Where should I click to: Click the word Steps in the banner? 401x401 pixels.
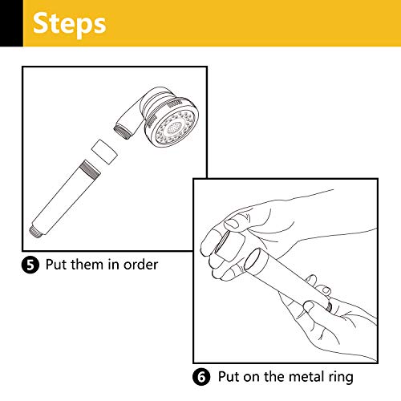(69, 24)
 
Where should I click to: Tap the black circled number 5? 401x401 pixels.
(30, 265)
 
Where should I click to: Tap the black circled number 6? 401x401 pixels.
(201, 376)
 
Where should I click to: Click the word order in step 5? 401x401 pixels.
(140, 265)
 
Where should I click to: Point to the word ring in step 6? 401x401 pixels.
(340, 378)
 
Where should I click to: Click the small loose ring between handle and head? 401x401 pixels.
(104, 152)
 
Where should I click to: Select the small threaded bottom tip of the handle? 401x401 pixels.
(34, 231)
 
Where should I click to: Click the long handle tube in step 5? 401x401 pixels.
(65, 197)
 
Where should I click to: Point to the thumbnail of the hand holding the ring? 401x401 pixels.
(231, 223)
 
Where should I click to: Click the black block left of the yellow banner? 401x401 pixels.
(11, 23)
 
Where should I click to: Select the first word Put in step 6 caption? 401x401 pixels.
(229, 376)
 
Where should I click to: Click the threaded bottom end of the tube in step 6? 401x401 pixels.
(330, 306)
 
